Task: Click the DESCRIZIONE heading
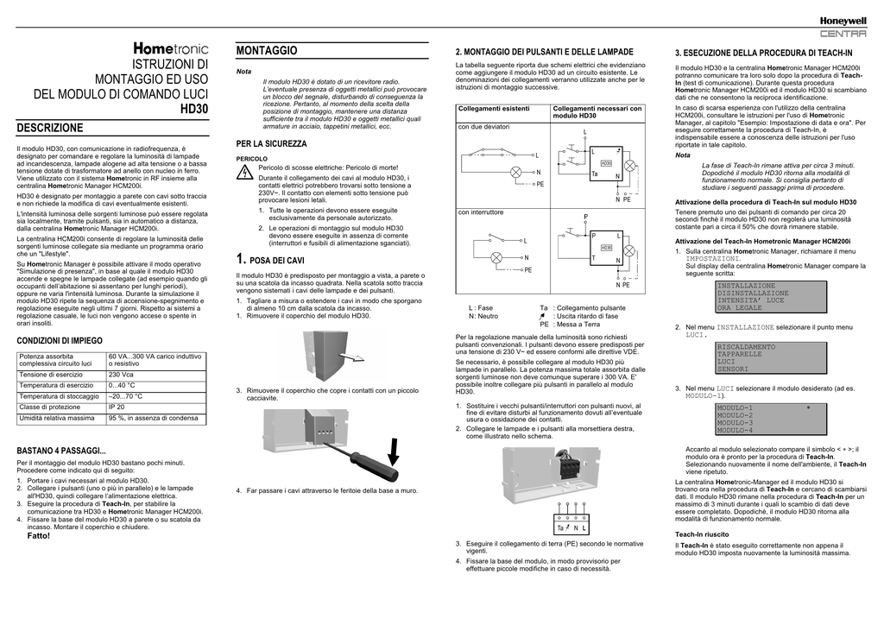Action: point(51,128)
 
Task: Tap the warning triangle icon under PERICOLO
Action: point(245,174)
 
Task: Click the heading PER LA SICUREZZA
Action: point(271,143)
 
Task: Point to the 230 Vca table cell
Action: point(121,375)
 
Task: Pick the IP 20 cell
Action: point(117,407)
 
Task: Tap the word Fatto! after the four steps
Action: point(39,536)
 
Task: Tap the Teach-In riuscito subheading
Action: point(702,535)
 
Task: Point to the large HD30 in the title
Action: point(193,110)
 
